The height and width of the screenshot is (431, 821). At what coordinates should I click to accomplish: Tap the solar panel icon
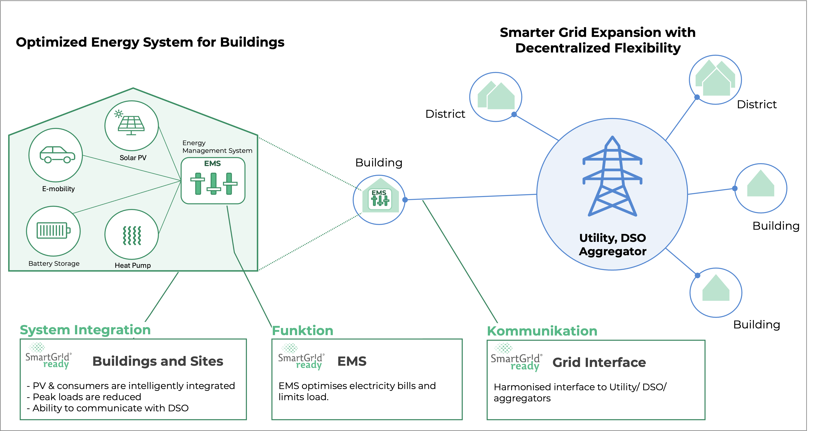(131, 124)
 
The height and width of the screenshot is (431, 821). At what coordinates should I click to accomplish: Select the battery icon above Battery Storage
(53, 230)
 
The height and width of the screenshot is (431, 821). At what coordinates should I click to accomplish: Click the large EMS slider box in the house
(213, 181)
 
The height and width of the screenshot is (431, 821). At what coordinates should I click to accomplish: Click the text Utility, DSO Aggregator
(612, 244)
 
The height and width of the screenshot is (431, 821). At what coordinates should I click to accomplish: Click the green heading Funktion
(302, 331)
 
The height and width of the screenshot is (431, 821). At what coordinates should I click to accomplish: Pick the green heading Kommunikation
(542, 331)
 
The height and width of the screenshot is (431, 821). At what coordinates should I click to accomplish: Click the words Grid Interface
(599, 362)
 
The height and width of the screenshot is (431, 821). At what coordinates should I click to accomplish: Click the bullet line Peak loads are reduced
(87, 397)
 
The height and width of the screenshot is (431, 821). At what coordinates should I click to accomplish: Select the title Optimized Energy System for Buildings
(150, 42)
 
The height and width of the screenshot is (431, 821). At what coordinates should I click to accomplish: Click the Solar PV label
(133, 158)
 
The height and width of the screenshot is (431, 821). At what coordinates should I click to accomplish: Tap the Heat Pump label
(133, 265)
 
